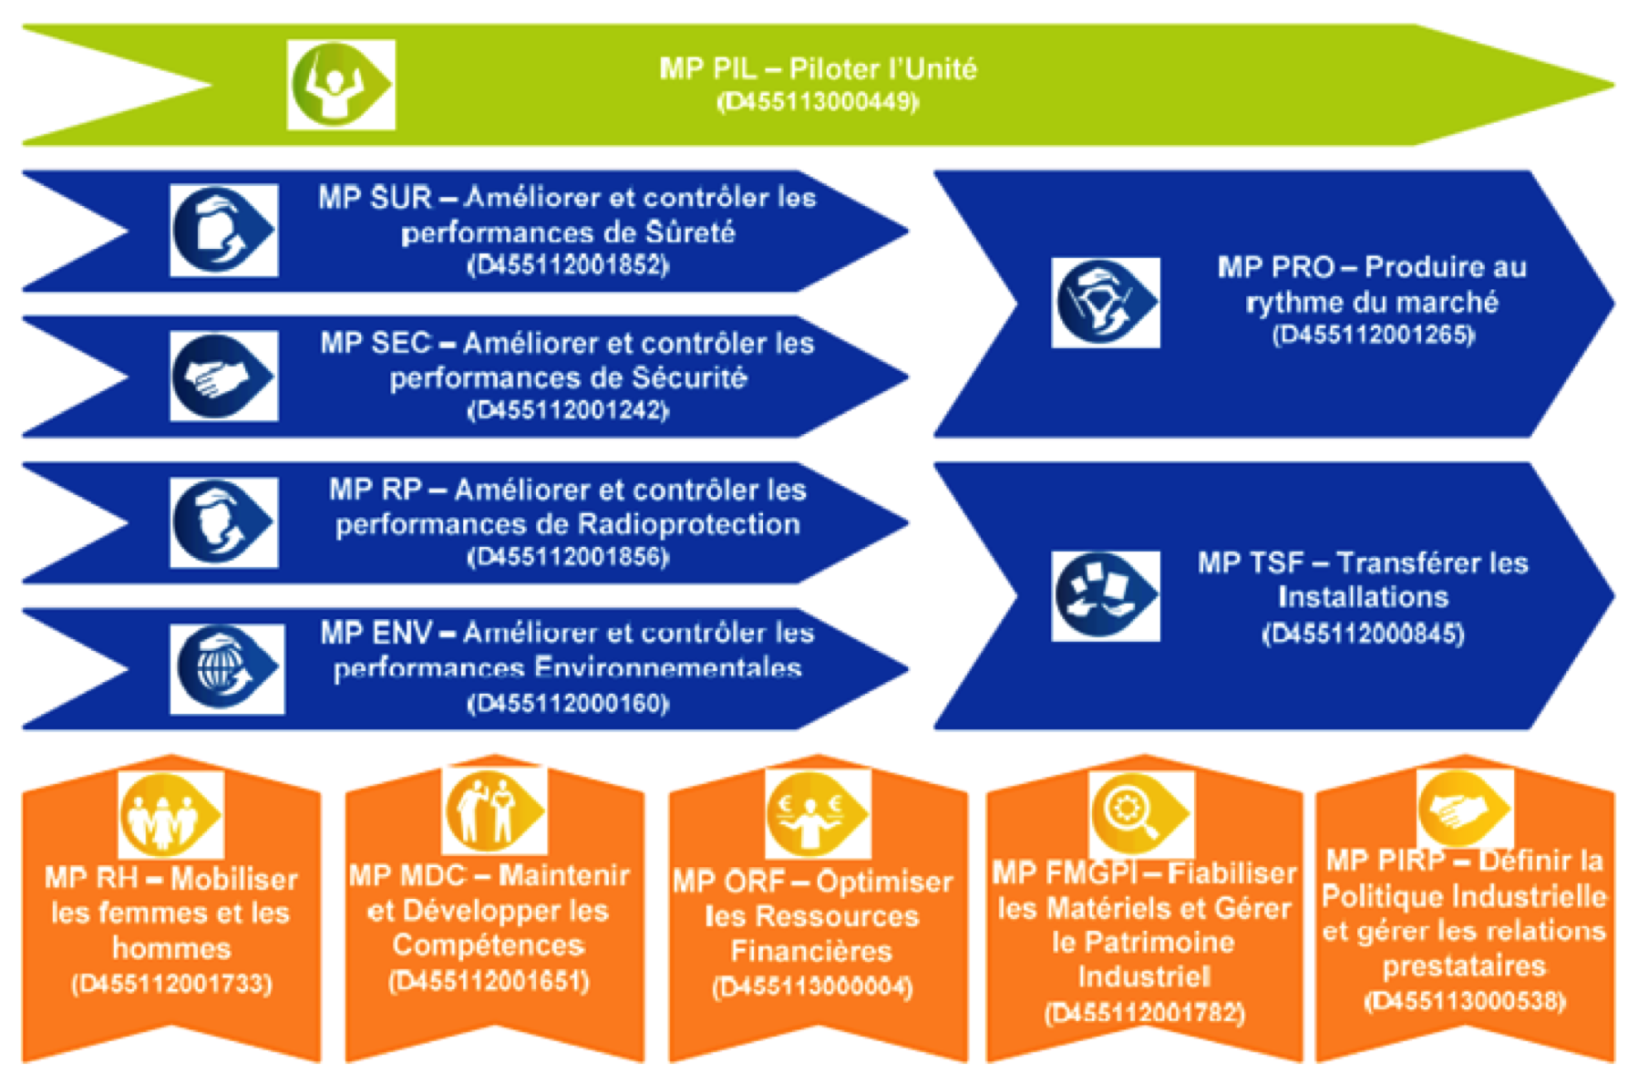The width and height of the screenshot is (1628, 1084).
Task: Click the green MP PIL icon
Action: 341,84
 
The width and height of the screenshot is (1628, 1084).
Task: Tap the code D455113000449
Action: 818,101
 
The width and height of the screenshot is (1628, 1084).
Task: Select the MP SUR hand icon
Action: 223,230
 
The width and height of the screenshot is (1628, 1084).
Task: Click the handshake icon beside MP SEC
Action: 223,376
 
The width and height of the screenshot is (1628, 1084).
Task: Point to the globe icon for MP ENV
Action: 226,668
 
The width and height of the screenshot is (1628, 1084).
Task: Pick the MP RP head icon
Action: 223,522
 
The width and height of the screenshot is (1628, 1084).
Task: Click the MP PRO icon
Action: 1105,303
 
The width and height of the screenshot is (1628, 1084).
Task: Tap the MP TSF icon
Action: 1105,595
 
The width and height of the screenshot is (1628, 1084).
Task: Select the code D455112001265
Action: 1373,336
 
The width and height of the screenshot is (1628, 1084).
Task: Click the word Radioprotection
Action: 688,524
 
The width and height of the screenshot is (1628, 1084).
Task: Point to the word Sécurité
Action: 689,377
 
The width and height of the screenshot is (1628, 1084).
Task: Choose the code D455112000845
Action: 1363,634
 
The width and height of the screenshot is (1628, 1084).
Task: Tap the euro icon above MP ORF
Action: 817,812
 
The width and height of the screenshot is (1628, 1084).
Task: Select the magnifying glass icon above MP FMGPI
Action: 1141,810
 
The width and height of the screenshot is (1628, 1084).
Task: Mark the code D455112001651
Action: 489,982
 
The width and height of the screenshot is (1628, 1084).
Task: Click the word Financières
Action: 811,952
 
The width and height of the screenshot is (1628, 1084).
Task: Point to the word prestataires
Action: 1464,965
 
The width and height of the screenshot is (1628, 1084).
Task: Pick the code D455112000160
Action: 568,704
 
